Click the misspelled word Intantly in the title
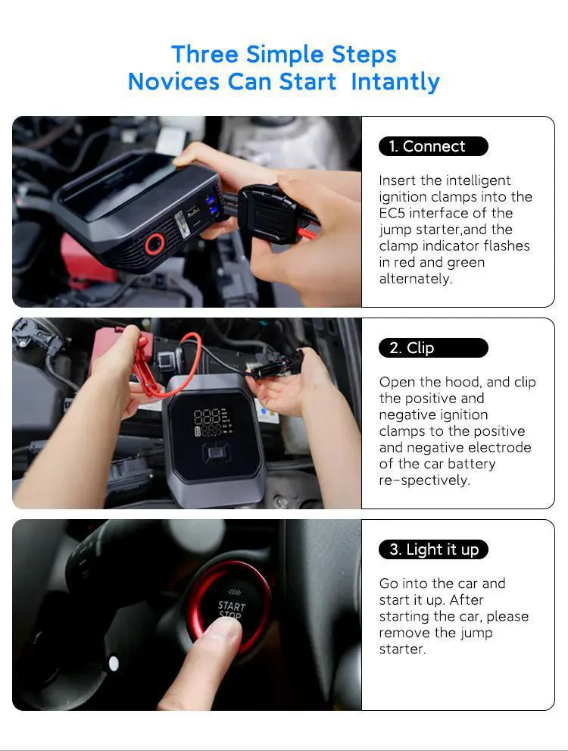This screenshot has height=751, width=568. [x=395, y=82]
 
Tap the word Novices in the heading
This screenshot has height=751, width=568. [x=173, y=81]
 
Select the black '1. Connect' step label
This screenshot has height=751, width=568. [x=433, y=146]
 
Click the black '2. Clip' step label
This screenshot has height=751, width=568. [x=433, y=348]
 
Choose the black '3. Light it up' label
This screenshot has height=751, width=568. [x=433, y=549]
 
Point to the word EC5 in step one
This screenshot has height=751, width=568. [x=392, y=213]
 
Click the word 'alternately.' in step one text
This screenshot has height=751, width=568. [x=415, y=278]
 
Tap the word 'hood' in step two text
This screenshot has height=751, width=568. [x=463, y=382]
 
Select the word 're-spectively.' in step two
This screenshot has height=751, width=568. [x=424, y=480]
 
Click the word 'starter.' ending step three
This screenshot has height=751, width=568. [x=402, y=649]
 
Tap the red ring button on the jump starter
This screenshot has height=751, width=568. [x=155, y=244]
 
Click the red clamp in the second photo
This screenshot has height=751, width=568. [x=144, y=366]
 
